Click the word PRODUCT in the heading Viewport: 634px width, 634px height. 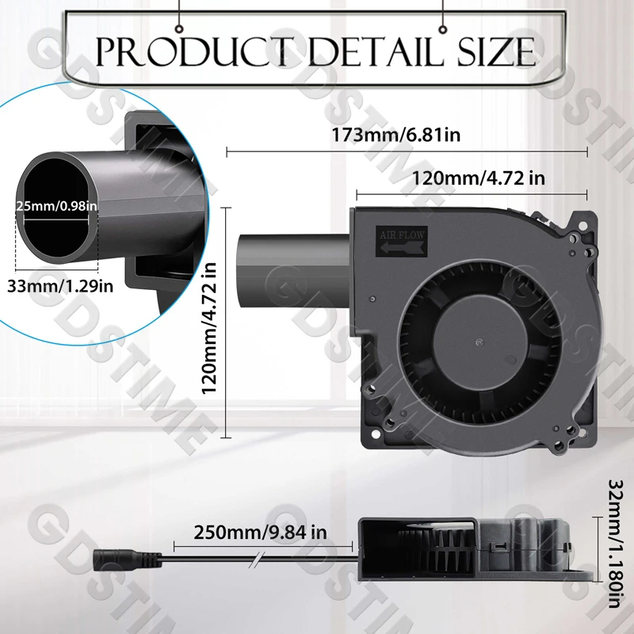(195, 52)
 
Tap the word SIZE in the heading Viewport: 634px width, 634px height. (496, 52)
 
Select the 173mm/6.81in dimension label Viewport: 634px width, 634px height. (395, 135)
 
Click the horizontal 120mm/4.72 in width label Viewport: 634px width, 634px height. (479, 178)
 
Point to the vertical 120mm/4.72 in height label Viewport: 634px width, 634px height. (209, 328)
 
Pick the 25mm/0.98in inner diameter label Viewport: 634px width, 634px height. (56, 206)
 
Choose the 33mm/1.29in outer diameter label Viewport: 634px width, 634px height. (60, 286)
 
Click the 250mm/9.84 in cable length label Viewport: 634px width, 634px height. (260, 532)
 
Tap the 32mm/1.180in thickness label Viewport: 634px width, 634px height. (616, 544)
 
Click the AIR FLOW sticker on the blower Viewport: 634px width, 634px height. (402, 241)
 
